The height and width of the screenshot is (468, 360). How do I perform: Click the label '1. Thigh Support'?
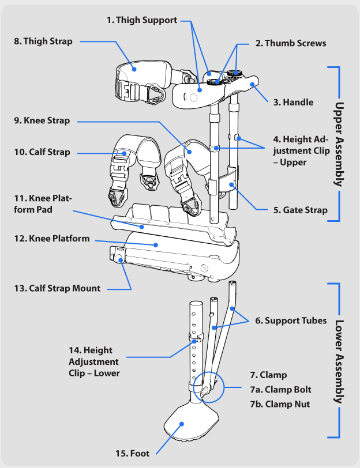[x=142, y=20]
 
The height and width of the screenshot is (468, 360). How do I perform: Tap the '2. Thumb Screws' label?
[x=291, y=43]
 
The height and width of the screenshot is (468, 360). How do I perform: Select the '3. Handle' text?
[x=294, y=102]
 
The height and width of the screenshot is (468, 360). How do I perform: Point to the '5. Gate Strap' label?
[x=301, y=210]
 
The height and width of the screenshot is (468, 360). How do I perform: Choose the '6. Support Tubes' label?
[x=291, y=320]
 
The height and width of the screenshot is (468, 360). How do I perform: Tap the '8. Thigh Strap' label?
[x=43, y=41]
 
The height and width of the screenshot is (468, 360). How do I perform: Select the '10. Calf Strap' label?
[x=42, y=152]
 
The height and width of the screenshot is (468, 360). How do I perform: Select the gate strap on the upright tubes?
[x=230, y=178]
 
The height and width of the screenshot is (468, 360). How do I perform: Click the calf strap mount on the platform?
[x=118, y=254]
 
